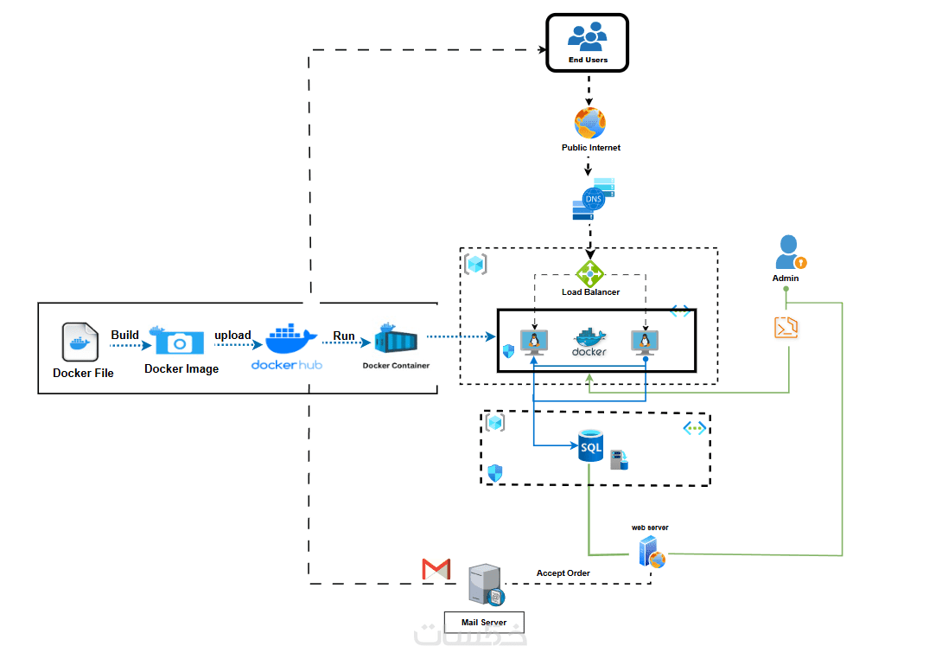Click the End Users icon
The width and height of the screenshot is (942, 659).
(588, 35)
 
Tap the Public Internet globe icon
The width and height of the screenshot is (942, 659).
(589, 123)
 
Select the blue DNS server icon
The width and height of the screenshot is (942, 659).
(594, 200)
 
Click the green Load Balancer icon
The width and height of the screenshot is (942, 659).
(590, 274)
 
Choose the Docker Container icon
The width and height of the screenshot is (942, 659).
(396, 341)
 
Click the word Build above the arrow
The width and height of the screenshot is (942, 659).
(124, 335)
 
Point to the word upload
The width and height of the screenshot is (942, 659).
(232, 335)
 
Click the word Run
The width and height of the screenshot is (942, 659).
(344, 335)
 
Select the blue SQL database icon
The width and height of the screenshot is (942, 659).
(591, 447)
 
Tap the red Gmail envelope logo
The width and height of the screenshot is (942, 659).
(436, 568)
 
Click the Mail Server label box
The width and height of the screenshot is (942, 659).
(484, 622)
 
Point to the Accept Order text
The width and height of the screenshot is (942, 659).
(563, 573)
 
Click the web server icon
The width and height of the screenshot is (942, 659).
(652, 551)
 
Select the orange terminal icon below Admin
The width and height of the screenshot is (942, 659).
(786, 328)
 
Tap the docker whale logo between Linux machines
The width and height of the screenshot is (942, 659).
(589, 342)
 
